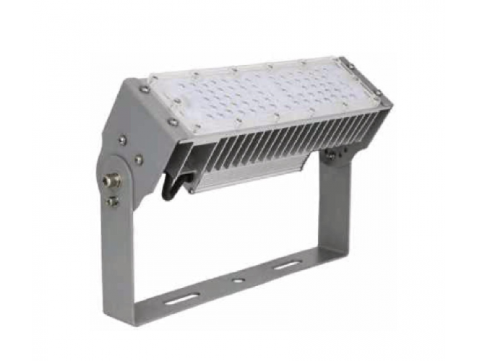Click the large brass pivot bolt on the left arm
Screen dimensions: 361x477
112,179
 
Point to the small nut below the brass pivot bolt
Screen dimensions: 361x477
113,201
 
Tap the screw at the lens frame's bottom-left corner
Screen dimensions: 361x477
173,123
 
